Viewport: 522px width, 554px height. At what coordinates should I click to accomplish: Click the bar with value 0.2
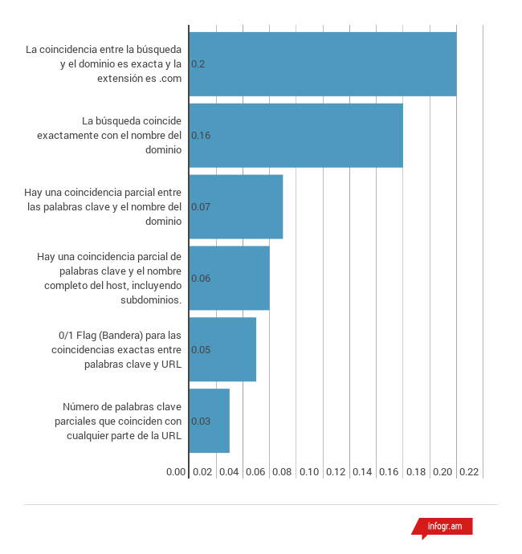pyautogui.click(x=323, y=63)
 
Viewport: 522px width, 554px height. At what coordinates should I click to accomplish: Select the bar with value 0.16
pyautogui.click(x=296, y=135)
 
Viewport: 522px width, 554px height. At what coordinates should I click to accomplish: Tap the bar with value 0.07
pyautogui.click(x=236, y=206)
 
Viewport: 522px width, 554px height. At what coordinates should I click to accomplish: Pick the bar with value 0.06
pyautogui.click(x=229, y=278)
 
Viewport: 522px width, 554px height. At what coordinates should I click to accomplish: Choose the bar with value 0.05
pyautogui.click(x=222, y=349)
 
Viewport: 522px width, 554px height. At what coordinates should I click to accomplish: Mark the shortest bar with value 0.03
pyautogui.click(x=209, y=421)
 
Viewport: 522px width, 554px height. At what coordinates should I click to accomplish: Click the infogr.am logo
pyautogui.click(x=443, y=527)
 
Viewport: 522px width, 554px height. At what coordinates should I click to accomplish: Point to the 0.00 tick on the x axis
pyautogui.click(x=176, y=472)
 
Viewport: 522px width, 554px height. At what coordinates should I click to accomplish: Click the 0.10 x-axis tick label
pyautogui.click(x=309, y=472)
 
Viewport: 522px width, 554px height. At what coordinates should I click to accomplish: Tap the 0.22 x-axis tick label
pyautogui.click(x=469, y=472)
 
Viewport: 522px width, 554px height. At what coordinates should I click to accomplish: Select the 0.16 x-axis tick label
pyautogui.click(x=389, y=472)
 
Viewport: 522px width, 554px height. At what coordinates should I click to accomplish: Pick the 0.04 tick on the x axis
pyautogui.click(x=229, y=472)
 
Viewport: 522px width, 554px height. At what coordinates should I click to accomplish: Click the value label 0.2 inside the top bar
pyautogui.click(x=198, y=63)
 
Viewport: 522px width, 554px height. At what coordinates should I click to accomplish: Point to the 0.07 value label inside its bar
pyautogui.click(x=201, y=207)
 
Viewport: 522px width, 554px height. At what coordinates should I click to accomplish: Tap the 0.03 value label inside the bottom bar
pyautogui.click(x=201, y=422)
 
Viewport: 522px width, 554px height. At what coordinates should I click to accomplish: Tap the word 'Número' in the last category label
pyautogui.click(x=81, y=406)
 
